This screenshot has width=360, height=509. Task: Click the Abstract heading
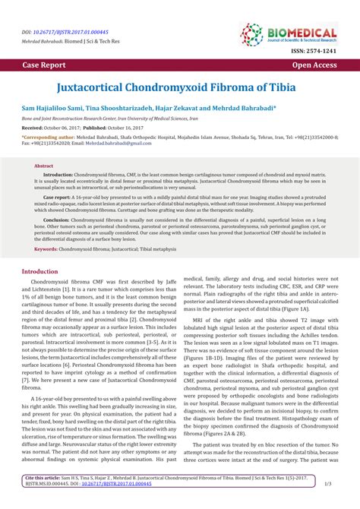pyautogui.click(x=43, y=165)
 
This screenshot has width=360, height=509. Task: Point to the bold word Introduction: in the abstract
pyautogui.click(x=58, y=173)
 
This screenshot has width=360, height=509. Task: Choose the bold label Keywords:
pyautogui.click(x=46, y=248)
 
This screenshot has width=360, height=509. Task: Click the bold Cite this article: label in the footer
pyautogui.click(x=47, y=498)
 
